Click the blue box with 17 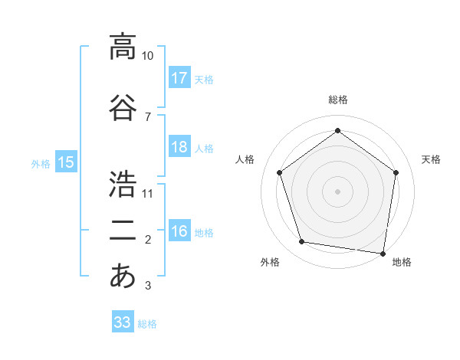[x=179, y=78]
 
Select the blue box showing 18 [x=179, y=147]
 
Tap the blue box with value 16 [x=179, y=232]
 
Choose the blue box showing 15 [x=65, y=162]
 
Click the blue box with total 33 [x=122, y=322]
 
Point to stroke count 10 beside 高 [x=148, y=56]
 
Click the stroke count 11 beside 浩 [x=148, y=193]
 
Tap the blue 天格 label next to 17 [x=203, y=80]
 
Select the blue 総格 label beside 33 [x=147, y=324]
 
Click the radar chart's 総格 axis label [x=338, y=100]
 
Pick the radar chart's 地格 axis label [x=402, y=262]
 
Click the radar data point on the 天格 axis [x=396, y=172]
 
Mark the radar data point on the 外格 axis [x=302, y=242]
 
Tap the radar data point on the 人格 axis [x=279, y=172]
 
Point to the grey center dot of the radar [x=337, y=191]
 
